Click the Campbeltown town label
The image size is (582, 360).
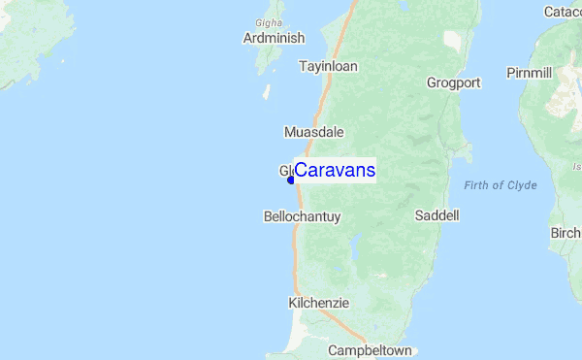pyautogui.click(x=371, y=350)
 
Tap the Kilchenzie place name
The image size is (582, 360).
pyautogui.click(x=318, y=303)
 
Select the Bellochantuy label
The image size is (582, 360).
pyautogui.click(x=302, y=217)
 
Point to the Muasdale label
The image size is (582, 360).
pyautogui.click(x=313, y=132)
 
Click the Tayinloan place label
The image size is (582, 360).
pyautogui.click(x=328, y=67)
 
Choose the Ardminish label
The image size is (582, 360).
pyautogui.click(x=274, y=38)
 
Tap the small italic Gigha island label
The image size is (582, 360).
pyautogui.click(x=268, y=20)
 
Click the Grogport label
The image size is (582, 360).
pyautogui.click(x=453, y=82)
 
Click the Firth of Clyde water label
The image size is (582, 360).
pyautogui.click(x=500, y=185)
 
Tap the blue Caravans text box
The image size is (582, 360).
pyautogui.click(x=335, y=171)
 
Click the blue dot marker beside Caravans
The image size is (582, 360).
pyautogui.click(x=291, y=180)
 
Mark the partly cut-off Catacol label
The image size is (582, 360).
pyautogui.click(x=563, y=12)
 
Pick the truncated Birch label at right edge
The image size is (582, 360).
pyautogui.click(x=566, y=233)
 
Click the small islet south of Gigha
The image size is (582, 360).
pyautogui.click(x=267, y=92)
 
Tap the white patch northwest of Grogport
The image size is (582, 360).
pyautogui.click(x=453, y=41)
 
